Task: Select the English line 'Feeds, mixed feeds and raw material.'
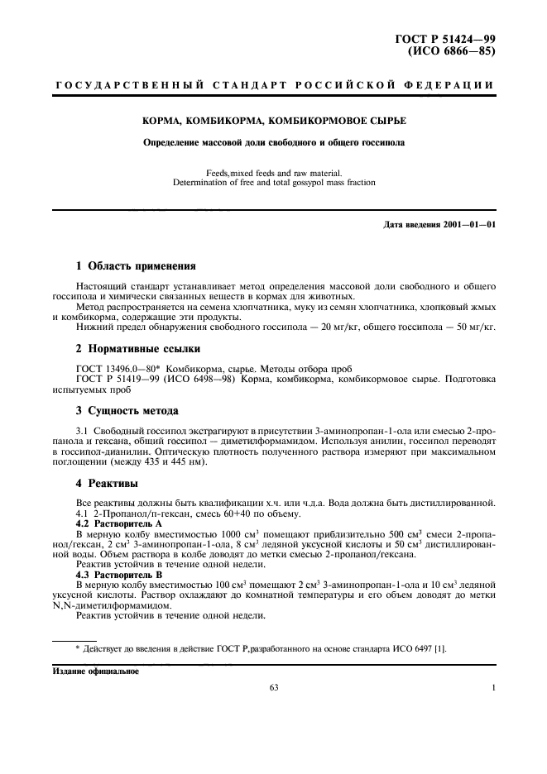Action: (272, 171)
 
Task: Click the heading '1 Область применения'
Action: (135, 266)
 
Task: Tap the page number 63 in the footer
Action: (274, 686)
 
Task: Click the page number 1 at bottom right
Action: (493, 686)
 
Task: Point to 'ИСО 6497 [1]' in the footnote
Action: (422, 648)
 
